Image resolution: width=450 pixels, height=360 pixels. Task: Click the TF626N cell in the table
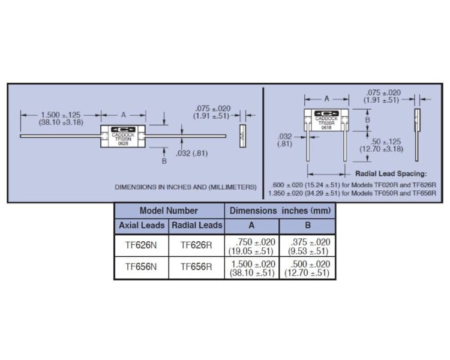(141, 245)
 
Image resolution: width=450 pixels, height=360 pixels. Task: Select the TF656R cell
(196, 267)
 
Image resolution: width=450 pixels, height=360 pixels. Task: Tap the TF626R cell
(196, 245)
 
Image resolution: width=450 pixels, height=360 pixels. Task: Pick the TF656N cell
(141, 267)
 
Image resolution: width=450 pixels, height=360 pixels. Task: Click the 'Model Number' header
(169, 211)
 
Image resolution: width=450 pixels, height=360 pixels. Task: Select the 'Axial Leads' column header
(142, 226)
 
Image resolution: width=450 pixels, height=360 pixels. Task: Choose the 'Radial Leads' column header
(197, 226)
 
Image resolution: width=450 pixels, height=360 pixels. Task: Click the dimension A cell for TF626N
(252, 247)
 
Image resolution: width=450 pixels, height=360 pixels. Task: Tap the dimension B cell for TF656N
(307, 268)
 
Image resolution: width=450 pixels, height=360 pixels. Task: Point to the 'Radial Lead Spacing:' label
(391, 173)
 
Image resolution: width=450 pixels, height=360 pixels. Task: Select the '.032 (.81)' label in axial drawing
(192, 154)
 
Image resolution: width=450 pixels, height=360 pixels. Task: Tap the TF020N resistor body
(123, 136)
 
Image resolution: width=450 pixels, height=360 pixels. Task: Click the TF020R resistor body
(326, 120)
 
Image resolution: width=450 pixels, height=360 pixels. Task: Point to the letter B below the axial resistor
(164, 161)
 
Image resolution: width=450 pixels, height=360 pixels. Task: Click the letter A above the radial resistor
(326, 99)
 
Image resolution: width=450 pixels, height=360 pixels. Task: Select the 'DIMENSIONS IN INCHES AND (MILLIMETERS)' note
(185, 187)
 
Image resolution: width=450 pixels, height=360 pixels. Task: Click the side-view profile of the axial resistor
(243, 136)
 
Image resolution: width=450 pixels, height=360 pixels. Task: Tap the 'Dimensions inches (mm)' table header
(280, 211)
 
